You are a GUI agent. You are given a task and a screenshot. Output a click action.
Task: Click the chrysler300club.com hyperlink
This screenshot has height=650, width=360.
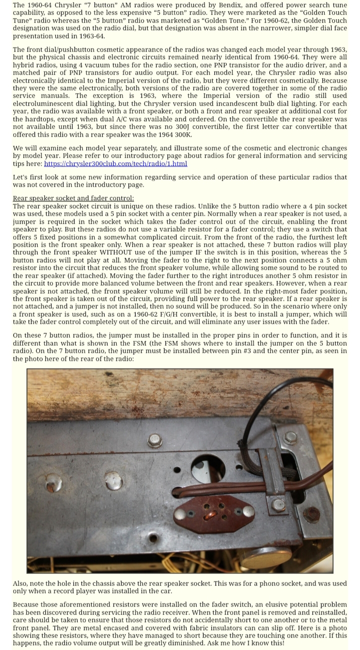coord(115,164)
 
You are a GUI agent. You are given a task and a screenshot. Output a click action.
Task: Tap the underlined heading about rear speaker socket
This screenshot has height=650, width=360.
coord(69,198)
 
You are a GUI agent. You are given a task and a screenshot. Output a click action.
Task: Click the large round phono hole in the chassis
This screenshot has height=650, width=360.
coord(208,469)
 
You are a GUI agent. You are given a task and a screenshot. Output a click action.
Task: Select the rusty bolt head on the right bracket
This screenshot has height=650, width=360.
coord(311,514)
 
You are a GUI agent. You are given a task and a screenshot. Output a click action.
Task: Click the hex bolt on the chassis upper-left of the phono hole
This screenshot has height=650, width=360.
coord(155,440)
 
